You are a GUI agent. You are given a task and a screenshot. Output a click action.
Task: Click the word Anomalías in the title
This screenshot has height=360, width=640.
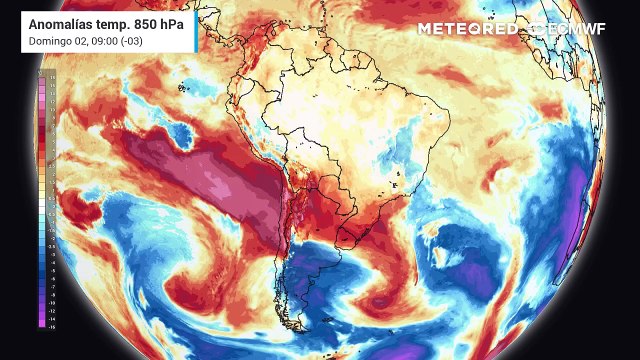pos(63,22)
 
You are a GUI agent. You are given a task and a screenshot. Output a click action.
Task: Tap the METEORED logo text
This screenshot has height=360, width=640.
pos(467,28)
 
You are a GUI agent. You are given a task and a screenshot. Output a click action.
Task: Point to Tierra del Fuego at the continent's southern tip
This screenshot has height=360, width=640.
pos(305,340)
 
